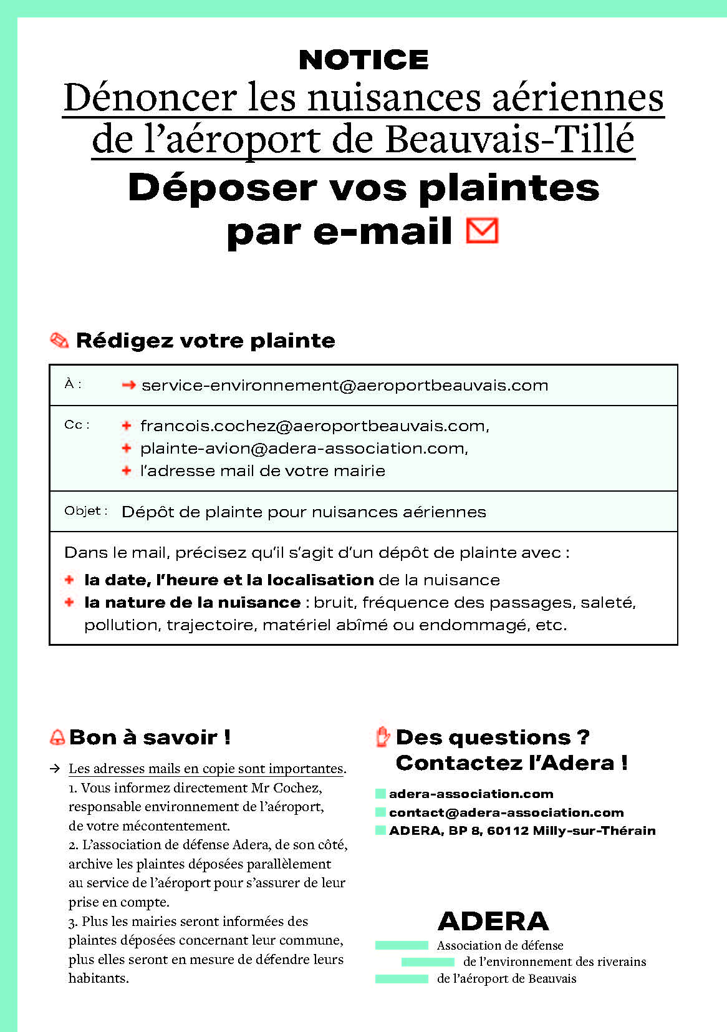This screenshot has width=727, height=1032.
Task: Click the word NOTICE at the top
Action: pyautogui.click(x=363, y=60)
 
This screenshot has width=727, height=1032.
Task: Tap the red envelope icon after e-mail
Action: pyautogui.click(x=482, y=230)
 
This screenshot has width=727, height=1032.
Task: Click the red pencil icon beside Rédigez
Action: pyautogui.click(x=59, y=340)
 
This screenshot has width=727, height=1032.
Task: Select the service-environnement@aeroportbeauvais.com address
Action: pyautogui.click(x=345, y=386)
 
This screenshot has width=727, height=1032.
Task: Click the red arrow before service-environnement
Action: pyautogui.click(x=128, y=385)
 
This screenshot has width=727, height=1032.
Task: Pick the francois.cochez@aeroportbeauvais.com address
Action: pyautogui.click(x=314, y=426)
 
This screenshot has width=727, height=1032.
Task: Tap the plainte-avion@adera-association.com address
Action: pyautogui.click(x=303, y=449)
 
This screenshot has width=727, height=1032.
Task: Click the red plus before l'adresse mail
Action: pyautogui.click(x=127, y=470)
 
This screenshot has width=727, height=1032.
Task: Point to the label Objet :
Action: pyautogui.click(x=86, y=511)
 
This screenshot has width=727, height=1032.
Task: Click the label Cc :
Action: pyautogui.click(x=77, y=425)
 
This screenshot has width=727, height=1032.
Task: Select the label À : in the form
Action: pyautogui.click(x=73, y=384)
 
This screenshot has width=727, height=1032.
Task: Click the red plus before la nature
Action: pyautogui.click(x=69, y=602)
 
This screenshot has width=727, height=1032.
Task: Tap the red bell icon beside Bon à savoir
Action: pyautogui.click(x=57, y=737)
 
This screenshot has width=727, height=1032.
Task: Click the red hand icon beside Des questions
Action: pyautogui.click(x=382, y=737)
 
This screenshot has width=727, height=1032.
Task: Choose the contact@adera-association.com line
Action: pyautogui.click(x=506, y=812)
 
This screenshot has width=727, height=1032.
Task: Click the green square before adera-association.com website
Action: pyautogui.click(x=380, y=794)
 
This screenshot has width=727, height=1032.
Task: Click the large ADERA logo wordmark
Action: pyautogui.click(x=493, y=921)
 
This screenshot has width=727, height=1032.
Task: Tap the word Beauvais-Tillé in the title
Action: pyautogui.click(x=509, y=139)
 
